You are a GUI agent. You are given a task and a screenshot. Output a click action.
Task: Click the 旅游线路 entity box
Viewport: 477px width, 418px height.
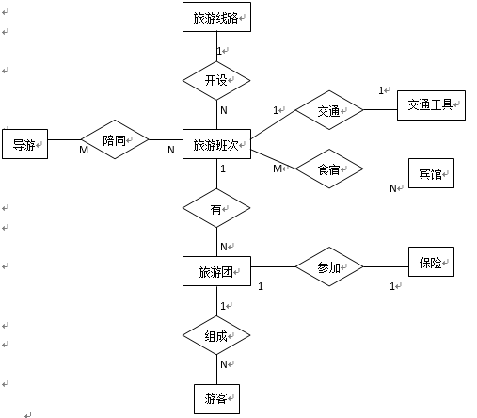(216, 17)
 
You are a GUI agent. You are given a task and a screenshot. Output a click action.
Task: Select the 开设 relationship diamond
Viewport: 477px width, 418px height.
(216, 80)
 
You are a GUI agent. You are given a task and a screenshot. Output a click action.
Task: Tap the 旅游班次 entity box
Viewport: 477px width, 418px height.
(216, 144)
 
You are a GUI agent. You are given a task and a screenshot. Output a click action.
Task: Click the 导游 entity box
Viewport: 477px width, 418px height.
(25, 144)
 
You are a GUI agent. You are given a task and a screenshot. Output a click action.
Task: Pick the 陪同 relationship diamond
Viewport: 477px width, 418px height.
(115, 139)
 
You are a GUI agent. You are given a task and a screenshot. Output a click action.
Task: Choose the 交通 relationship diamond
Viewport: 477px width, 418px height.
(329, 110)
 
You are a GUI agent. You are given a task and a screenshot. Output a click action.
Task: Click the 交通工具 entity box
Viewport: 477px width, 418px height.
(431, 105)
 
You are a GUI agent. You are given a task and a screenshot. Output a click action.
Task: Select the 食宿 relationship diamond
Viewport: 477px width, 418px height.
(329, 169)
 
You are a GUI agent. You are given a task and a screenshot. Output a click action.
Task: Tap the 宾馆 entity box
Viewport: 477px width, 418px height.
(431, 173)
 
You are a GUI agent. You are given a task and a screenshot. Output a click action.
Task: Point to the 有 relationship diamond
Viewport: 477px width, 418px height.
(216, 208)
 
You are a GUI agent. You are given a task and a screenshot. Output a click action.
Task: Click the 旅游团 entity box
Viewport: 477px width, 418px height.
(216, 271)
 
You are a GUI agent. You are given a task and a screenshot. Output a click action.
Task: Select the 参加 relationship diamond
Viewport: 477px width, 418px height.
(329, 266)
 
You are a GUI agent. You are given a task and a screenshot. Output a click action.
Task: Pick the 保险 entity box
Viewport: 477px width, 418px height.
(431, 262)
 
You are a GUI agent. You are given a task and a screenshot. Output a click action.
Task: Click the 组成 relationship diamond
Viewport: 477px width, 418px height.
(216, 335)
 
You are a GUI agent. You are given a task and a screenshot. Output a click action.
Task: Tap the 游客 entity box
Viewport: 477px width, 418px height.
(216, 399)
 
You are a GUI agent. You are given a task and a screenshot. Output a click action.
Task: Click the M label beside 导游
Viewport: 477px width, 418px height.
(84, 150)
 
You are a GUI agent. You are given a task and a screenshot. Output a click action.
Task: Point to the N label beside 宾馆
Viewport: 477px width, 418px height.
(393, 188)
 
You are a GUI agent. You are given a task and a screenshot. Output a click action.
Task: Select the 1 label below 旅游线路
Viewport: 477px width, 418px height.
(219, 51)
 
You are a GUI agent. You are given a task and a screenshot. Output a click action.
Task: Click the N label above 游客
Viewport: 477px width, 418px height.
(224, 364)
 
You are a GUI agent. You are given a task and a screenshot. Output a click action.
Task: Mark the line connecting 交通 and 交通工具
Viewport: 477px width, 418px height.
(380, 110)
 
